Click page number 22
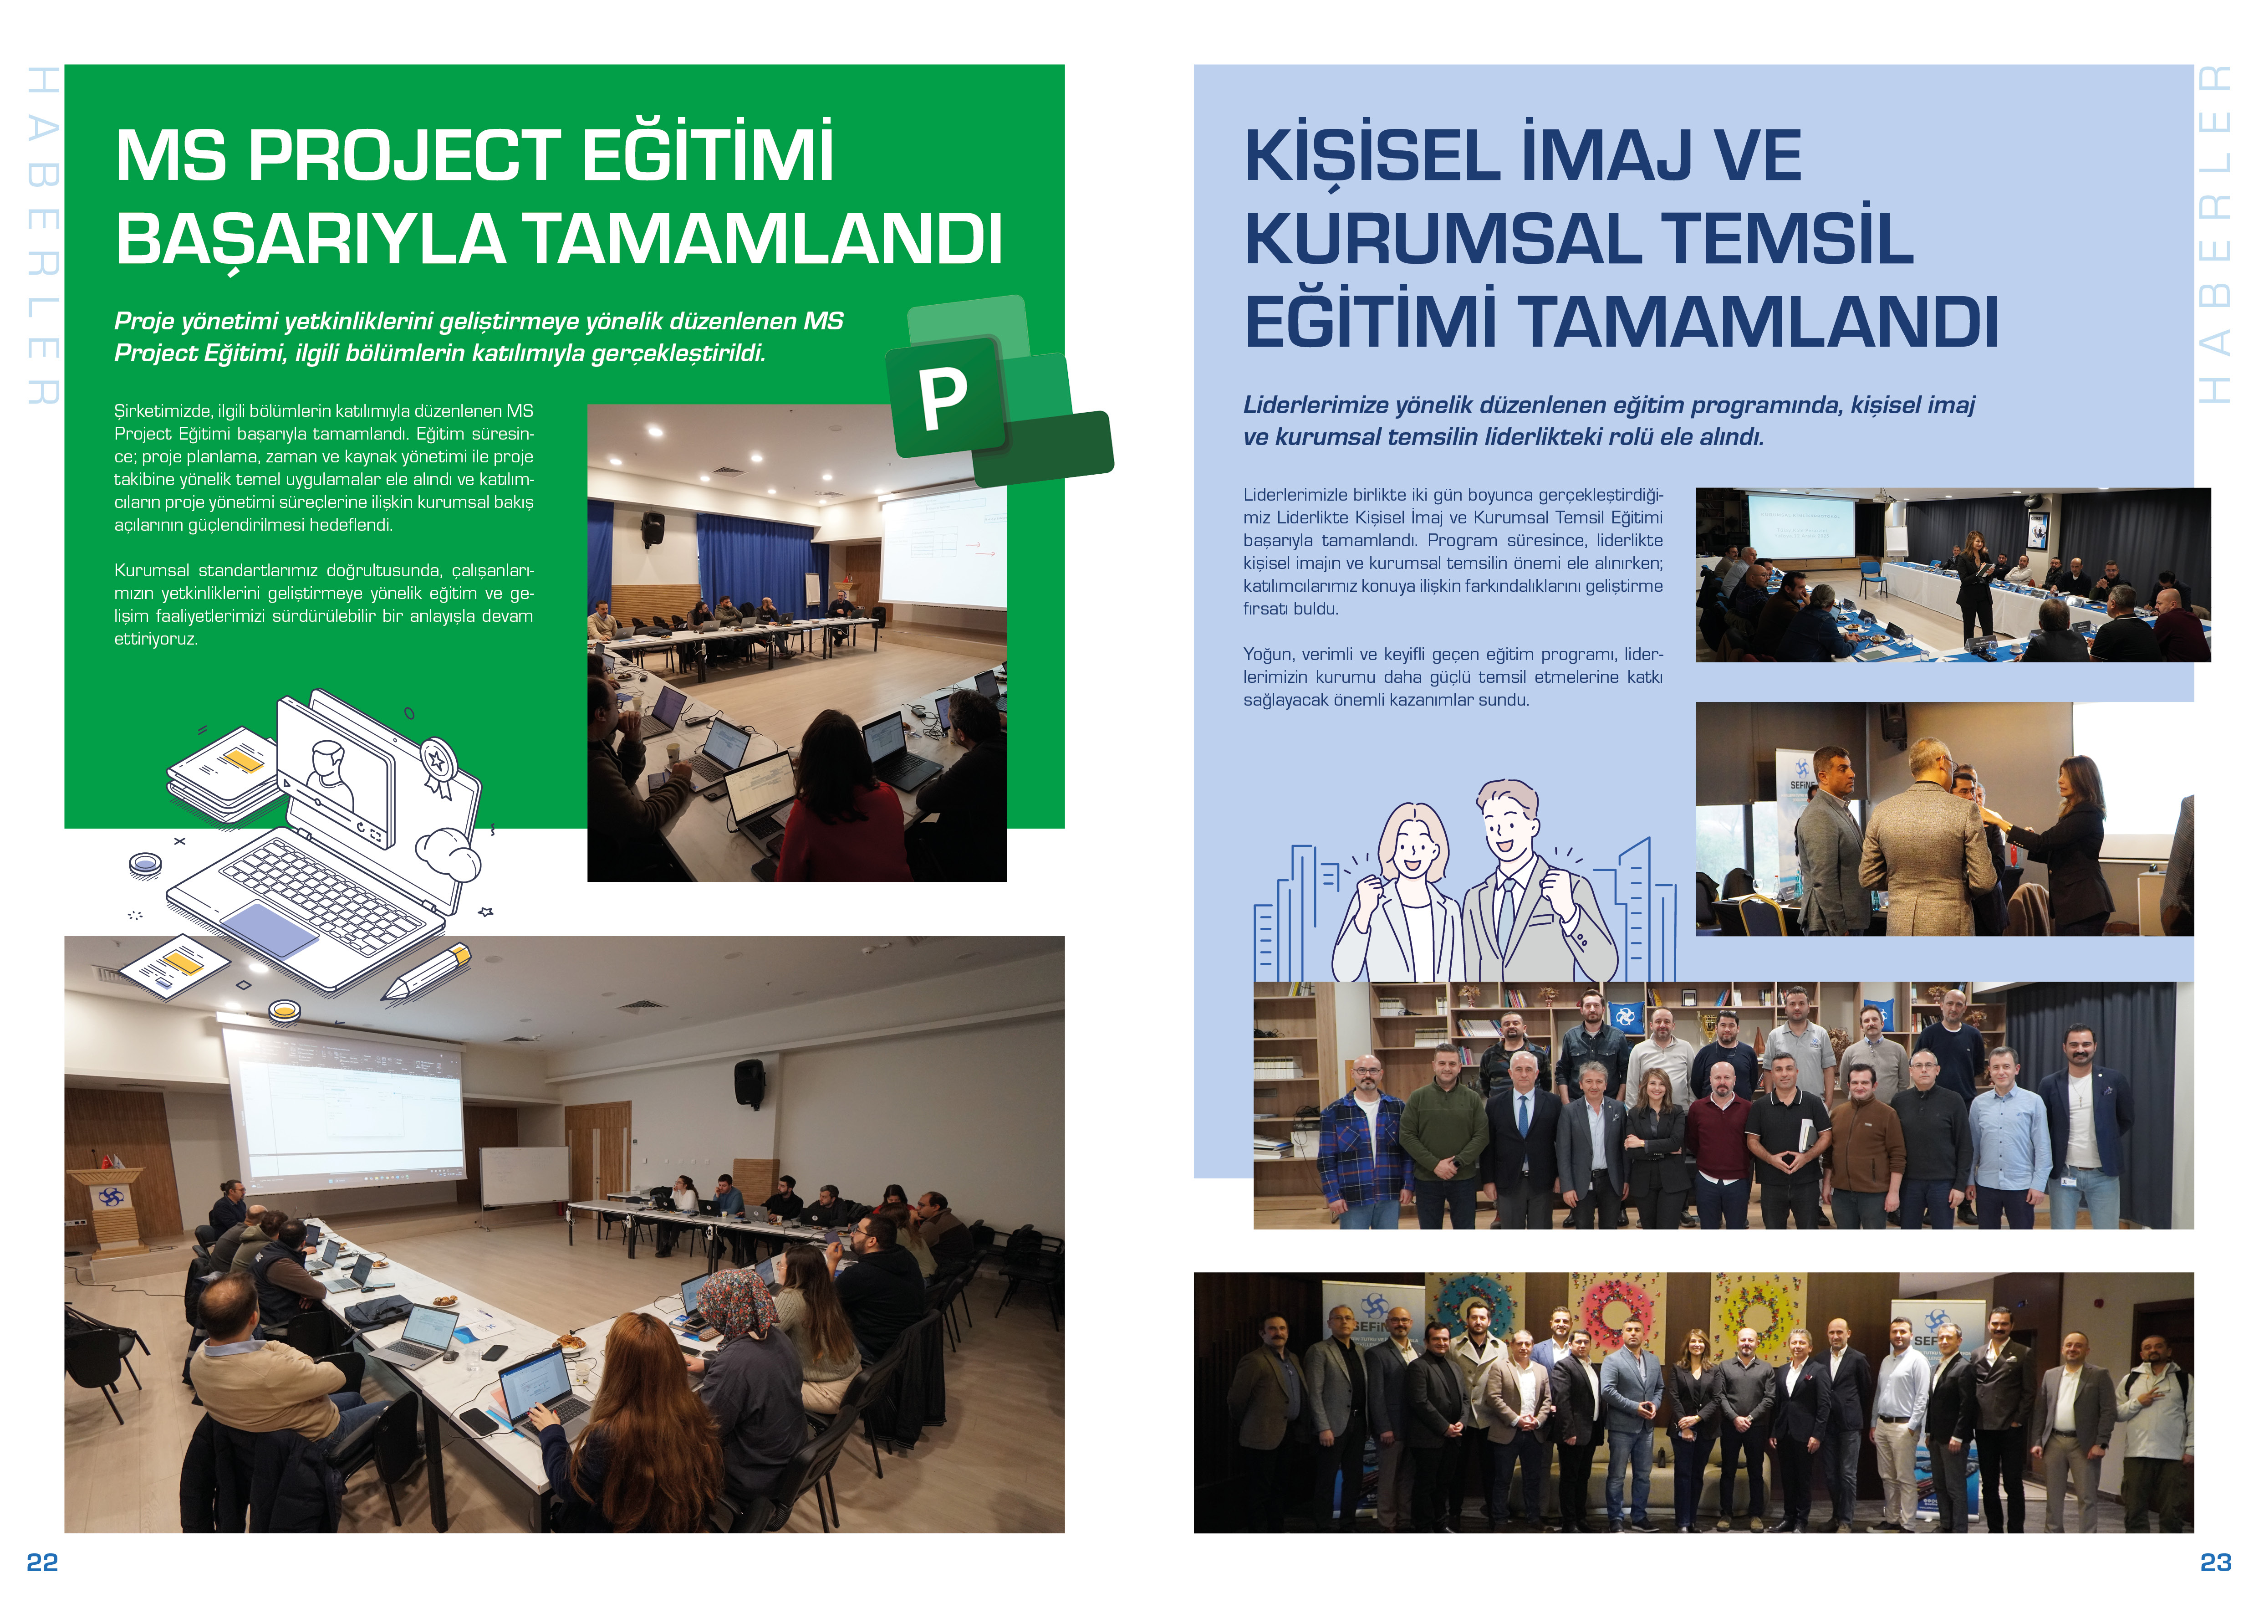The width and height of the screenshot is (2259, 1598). coord(42,1562)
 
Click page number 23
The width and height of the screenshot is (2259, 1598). coord(2216,1562)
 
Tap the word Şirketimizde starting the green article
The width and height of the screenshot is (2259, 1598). coord(163,411)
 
